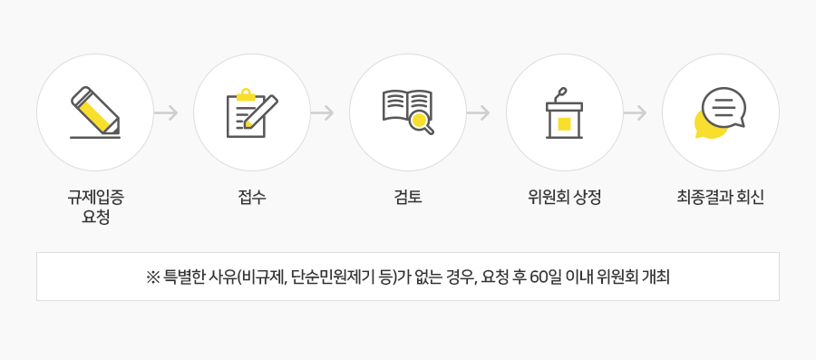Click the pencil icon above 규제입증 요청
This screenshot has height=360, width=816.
tap(95, 112)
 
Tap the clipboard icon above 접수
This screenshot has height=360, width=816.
tap(251, 112)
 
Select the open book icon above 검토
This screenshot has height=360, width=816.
tap(407, 111)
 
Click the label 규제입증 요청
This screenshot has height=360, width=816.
tap(95, 206)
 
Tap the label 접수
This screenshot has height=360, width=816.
tap(252, 196)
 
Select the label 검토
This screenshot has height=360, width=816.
tap(408, 196)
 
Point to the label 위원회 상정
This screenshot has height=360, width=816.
tap(564, 196)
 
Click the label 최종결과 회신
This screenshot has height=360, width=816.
tap(720, 196)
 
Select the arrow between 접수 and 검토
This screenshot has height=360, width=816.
tap(322, 113)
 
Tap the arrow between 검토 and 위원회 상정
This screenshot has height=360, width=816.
tap(478, 113)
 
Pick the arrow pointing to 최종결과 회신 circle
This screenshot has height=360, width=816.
tap(635, 113)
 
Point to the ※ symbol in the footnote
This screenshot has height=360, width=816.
tap(152, 277)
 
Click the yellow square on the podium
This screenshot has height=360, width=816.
tap(564, 123)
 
